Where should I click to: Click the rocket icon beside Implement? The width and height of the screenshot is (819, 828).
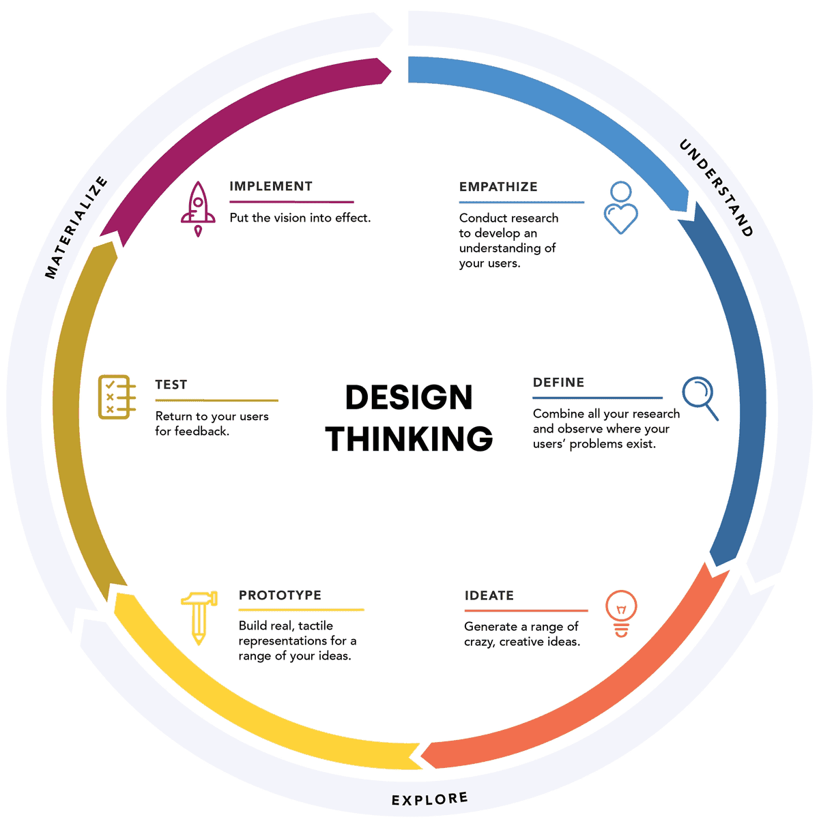pyautogui.click(x=198, y=209)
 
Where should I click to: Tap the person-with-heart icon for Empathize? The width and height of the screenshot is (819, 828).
pyautogui.click(x=620, y=207)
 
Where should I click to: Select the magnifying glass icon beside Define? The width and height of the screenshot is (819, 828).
pyautogui.click(x=700, y=398)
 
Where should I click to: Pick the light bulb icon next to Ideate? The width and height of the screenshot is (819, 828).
pyautogui.click(x=621, y=613)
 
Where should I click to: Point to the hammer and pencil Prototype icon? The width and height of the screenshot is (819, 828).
pyautogui.click(x=199, y=618)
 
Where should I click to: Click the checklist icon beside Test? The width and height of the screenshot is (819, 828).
pyautogui.click(x=117, y=396)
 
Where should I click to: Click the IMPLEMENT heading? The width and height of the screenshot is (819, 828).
pyautogui.click(x=270, y=186)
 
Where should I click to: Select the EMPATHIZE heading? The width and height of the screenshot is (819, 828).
pyautogui.click(x=498, y=186)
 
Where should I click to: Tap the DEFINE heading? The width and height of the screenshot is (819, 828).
pyautogui.click(x=558, y=382)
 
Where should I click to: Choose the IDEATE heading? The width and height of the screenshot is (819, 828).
pyautogui.click(x=489, y=595)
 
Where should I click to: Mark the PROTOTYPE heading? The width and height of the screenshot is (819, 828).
pyautogui.click(x=280, y=595)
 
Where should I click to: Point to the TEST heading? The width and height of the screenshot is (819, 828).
pyautogui.click(x=171, y=384)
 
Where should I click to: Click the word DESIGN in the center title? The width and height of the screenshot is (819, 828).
pyautogui.click(x=409, y=397)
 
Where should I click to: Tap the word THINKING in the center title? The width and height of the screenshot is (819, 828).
pyautogui.click(x=409, y=439)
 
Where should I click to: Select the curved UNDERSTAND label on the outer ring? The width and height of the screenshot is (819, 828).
pyautogui.click(x=717, y=188)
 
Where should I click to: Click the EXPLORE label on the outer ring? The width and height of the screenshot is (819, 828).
pyautogui.click(x=429, y=799)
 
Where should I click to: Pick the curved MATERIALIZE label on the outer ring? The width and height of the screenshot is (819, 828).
pyautogui.click(x=76, y=227)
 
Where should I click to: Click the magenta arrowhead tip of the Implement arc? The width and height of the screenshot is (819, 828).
pyautogui.click(x=390, y=71)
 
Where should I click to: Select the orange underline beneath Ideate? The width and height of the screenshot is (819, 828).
pyautogui.click(x=526, y=610)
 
